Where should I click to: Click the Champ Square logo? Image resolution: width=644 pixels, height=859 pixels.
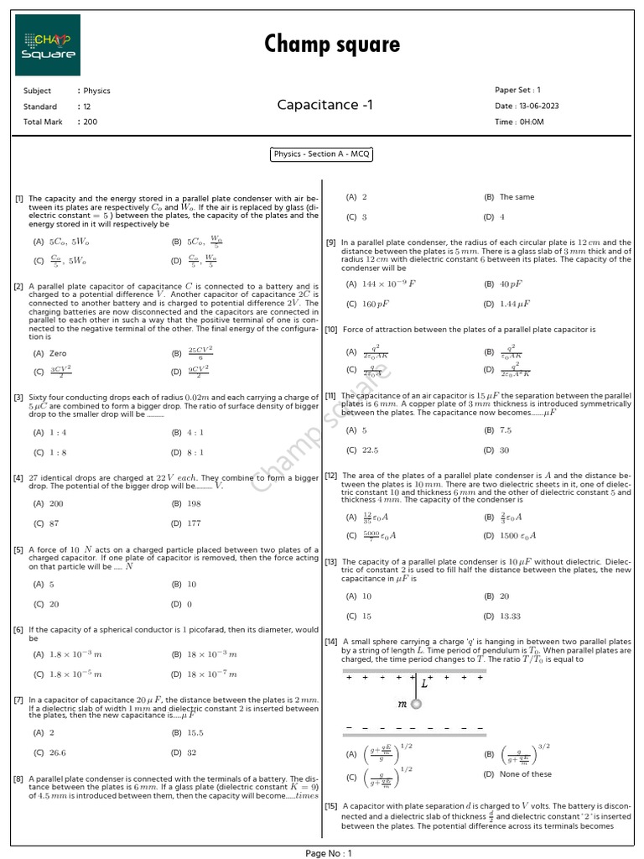pos(48,46)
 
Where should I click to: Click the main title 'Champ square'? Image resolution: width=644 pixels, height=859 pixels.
pos(332,44)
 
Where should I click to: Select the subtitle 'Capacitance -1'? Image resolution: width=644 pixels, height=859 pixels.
pos(321,105)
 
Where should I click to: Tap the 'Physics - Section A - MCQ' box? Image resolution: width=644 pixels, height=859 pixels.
pos(321,154)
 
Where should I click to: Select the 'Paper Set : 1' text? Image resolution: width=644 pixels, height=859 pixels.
pos(517,90)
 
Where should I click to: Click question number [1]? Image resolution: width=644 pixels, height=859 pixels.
pos(18,198)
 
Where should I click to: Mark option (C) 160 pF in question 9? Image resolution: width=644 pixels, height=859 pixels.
pos(363,304)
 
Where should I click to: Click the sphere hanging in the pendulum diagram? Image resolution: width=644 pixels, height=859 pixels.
pos(416,704)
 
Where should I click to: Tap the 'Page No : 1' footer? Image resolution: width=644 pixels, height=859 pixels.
pos(329,852)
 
